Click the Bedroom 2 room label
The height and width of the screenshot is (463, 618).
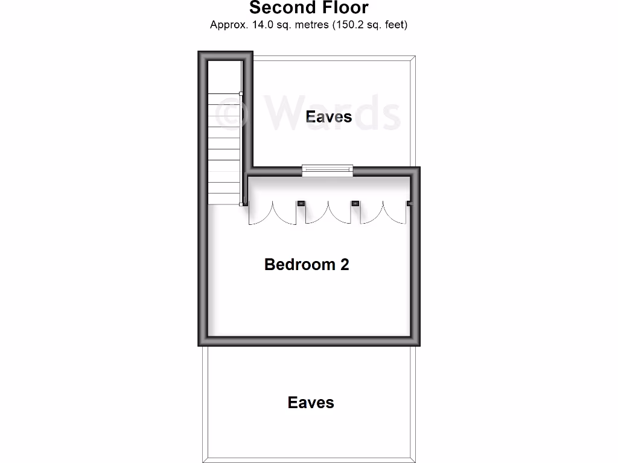coord(307,264)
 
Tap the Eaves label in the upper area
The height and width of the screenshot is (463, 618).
coord(329,116)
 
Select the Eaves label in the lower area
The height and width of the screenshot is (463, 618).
coord(311,402)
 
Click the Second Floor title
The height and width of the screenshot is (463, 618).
coord(308,8)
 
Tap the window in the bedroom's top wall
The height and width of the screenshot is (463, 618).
coord(327,171)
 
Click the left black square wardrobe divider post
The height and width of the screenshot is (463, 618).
coord(300,204)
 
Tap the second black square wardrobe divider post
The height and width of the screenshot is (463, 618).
coord(355,204)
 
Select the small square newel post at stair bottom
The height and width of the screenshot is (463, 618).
coord(241,204)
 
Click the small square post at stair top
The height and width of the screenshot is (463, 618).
coord(241,93)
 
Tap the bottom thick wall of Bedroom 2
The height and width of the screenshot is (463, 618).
coord(309,341)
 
